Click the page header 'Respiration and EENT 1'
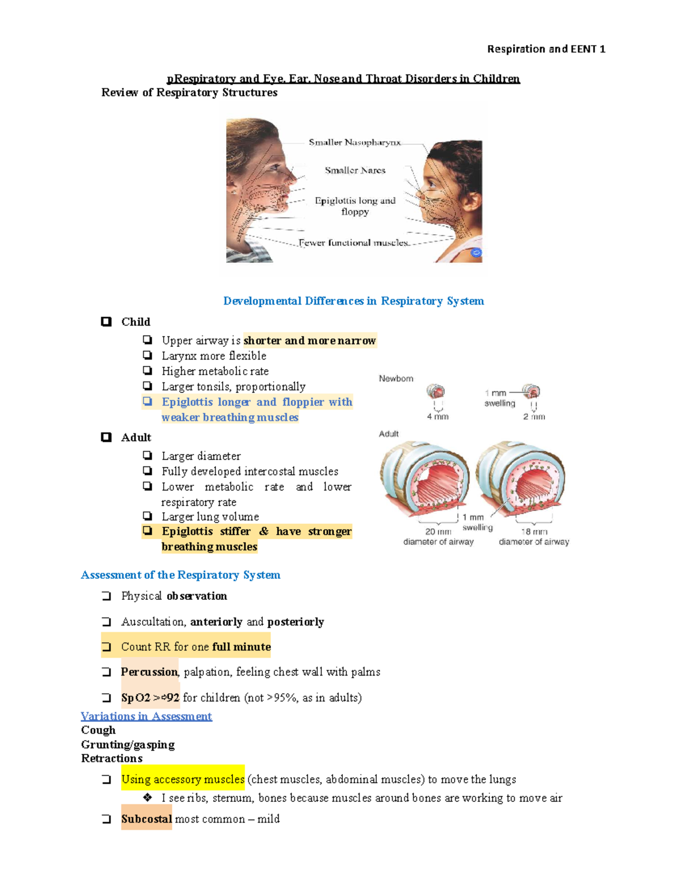pyautogui.click(x=546, y=49)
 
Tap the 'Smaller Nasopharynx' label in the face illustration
pyautogui.click(x=354, y=142)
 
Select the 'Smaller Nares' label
pyautogui.click(x=355, y=170)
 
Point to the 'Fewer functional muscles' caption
pyautogui.click(x=353, y=243)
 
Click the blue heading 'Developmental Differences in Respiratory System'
pyautogui.click(x=353, y=301)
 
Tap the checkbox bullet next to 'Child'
pyautogui.click(x=106, y=322)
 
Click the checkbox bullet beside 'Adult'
pyautogui.click(x=106, y=437)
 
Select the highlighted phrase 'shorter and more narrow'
pyautogui.click(x=310, y=341)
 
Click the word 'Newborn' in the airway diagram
pyautogui.click(x=396, y=378)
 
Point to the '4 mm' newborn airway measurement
pyautogui.click(x=437, y=417)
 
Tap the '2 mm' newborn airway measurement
pyautogui.click(x=534, y=417)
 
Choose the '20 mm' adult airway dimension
pyautogui.click(x=438, y=532)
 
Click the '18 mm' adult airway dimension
pyautogui.click(x=534, y=532)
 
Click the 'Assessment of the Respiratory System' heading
pyautogui.click(x=180, y=575)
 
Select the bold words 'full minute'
pyautogui.click(x=241, y=647)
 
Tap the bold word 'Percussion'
pyautogui.click(x=149, y=672)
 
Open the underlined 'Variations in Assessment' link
pyautogui.click(x=146, y=716)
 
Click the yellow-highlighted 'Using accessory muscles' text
pyautogui.click(x=183, y=779)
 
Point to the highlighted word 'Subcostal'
pyautogui.click(x=147, y=819)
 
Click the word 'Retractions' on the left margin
pyautogui.click(x=112, y=758)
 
